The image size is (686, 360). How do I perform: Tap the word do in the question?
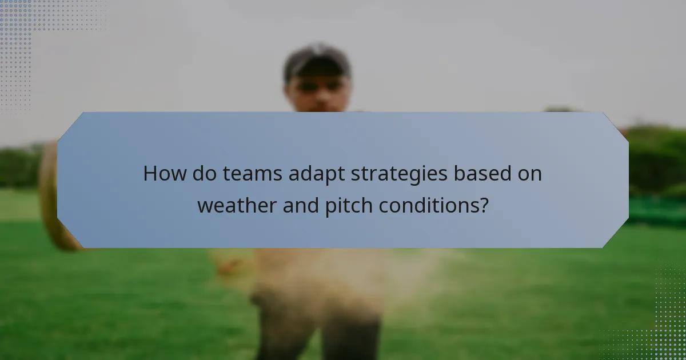point(201,173)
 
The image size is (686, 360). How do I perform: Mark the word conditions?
point(431,205)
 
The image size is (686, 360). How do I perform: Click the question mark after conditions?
point(484,205)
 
